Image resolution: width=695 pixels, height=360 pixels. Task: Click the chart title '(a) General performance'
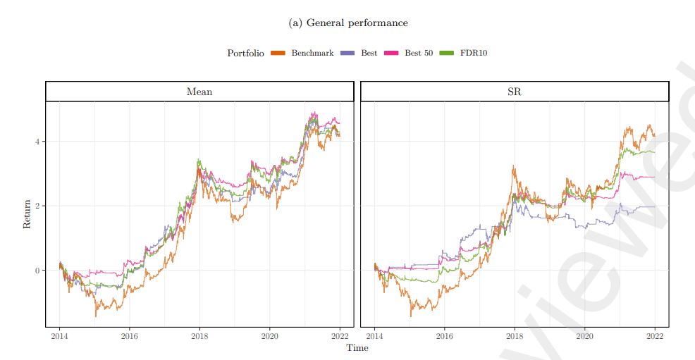[x=348, y=23]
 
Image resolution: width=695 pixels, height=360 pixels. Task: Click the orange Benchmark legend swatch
[x=278, y=53]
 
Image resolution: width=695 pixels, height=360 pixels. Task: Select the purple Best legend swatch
[x=347, y=53]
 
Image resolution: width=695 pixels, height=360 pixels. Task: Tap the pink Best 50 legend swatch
[x=391, y=53]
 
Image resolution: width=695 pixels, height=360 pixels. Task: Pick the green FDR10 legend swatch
[x=446, y=53]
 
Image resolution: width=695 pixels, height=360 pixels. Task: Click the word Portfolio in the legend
[x=245, y=53]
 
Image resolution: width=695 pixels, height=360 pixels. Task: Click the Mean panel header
[x=199, y=92]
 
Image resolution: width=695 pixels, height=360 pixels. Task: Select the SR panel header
[x=515, y=92]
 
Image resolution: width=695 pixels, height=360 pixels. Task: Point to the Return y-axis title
[x=27, y=214]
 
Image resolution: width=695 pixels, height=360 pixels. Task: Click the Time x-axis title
[x=357, y=347]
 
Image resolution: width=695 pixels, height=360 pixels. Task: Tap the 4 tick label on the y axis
[x=36, y=142]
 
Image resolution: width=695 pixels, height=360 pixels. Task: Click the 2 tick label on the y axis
[x=36, y=206]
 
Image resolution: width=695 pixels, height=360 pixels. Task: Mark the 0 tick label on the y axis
[x=36, y=271]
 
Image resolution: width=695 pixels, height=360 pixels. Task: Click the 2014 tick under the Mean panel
[x=59, y=336]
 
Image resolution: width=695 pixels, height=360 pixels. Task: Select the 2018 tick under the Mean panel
[x=199, y=336]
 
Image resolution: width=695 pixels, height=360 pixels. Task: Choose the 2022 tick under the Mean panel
[x=340, y=336]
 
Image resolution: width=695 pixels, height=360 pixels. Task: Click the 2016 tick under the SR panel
[x=444, y=336]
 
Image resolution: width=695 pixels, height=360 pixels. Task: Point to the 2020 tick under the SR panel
[x=584, y=336]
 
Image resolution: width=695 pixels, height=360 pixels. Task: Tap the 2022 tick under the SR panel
[x=655, y=336]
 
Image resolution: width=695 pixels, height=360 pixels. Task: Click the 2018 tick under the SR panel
[x=515, y=336]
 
